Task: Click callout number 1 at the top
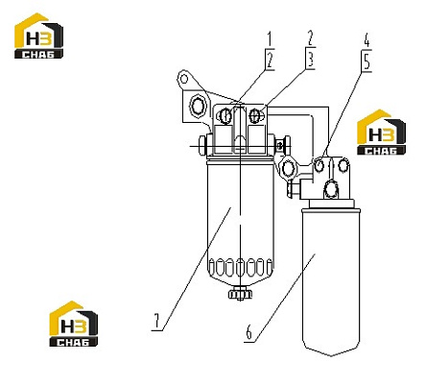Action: pos(270,38)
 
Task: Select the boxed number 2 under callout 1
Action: pos(270,60)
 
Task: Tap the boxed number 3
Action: pos(311,60)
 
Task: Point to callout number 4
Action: pos(367,39)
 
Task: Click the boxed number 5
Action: pos(367,61)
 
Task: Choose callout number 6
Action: pos(248,332)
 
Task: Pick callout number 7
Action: pos(156,321)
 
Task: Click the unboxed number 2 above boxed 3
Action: pos(310,37)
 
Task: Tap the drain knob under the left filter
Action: pos(240,294)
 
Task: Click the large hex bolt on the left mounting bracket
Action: pos(197,105)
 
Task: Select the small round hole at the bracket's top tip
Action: pos(184,79)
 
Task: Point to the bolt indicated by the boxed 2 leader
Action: pos(225,115)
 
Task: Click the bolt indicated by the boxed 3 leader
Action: pos(255,115)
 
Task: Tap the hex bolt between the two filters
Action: pos(288,168)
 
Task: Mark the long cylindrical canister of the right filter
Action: pos(331,281)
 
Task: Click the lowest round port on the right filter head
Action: pos(331,189)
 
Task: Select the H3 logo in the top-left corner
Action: pos(38,36)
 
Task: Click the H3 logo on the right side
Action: pos(381,133)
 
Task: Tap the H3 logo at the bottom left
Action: pos(74,324)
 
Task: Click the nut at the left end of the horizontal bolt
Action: pos(202,146)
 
